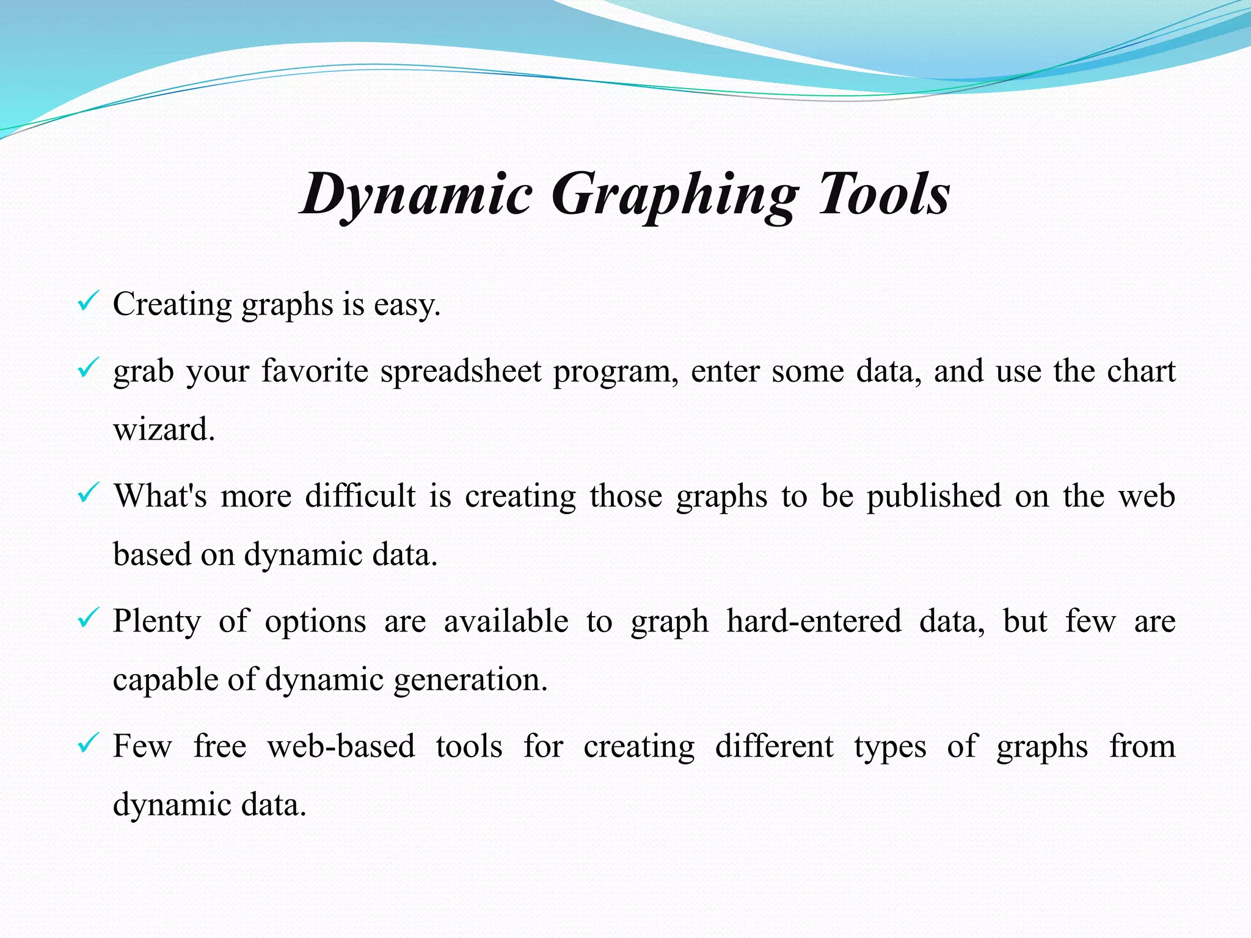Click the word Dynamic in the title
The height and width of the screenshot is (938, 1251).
pyautogui.click(x=417, y=194)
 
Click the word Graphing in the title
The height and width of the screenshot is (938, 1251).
pyautogui.click(x=674, y=194)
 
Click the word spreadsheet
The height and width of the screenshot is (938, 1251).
pyautogui.click(x=461, y=371)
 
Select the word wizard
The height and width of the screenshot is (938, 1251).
pyautogui.click(x=163, y=429)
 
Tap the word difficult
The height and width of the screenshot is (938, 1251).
pyautogui.click(x=360, y=496)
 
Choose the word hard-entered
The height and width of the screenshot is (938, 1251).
pyautogui.click(x=814, y=621)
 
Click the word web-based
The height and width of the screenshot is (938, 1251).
pyautogui.click(x=341, y=746)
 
